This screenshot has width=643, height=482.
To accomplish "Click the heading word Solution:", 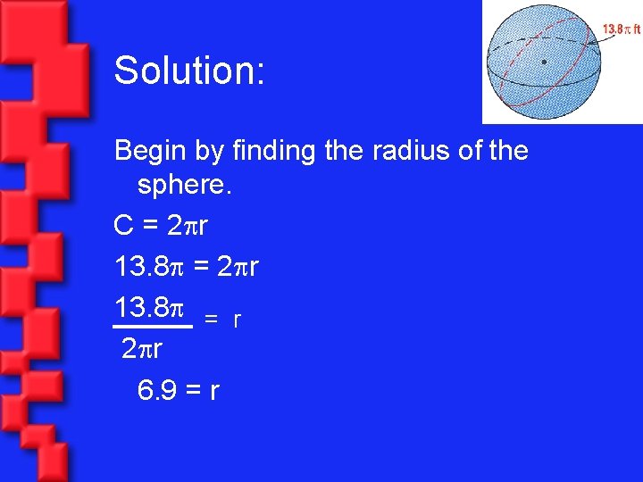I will [189, 71].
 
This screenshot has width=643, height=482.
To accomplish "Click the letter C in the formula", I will [124, 227].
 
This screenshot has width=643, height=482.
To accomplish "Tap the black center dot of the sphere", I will [544, 62].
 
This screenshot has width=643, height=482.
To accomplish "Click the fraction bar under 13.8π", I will [154, 328].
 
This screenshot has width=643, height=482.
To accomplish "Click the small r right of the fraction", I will [237, 319].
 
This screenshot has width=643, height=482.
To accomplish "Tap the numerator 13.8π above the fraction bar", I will [148, 307].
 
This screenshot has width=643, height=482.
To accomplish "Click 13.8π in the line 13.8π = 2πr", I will [148, 267].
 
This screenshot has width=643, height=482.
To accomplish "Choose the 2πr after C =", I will [188, 227].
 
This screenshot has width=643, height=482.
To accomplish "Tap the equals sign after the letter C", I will [151, 228].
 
